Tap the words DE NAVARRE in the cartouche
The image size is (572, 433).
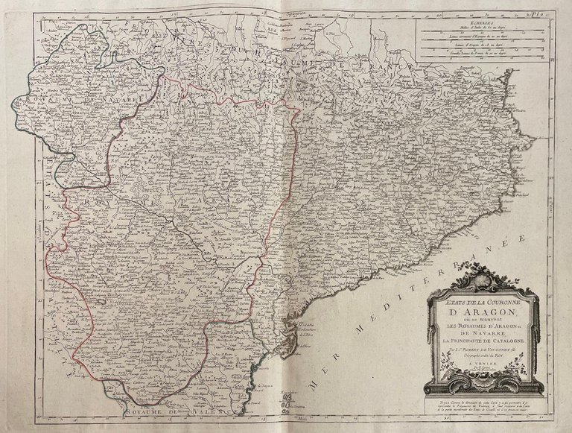(x=481, y=332)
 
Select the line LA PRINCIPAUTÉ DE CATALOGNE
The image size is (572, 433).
(x=481, y=341)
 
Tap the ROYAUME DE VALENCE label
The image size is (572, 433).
(x=192, y=411)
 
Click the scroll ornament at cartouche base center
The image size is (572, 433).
(x=481, y=388)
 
